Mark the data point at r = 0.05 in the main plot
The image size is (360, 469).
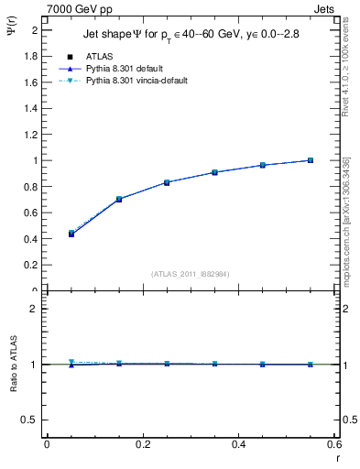coord(71,234)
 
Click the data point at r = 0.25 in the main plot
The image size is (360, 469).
coord(167,182)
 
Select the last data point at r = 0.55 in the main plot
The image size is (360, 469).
coord(311,160)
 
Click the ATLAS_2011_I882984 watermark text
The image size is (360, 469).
coord(191,273)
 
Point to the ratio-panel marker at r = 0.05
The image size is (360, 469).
coord(71,363)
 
